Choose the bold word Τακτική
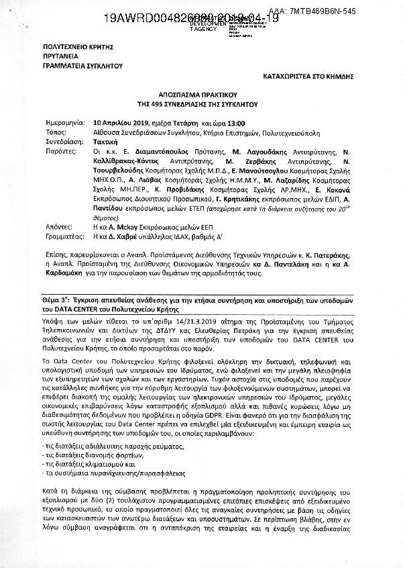tap(105, 142)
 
